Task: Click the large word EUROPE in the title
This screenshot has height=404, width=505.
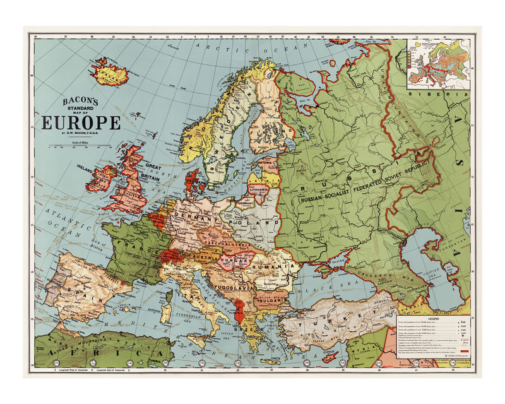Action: (x=81, y=122)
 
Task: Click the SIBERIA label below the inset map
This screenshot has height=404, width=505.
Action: (x=436, y=93)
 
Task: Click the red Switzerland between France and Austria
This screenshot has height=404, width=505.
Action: (x=173, y=255)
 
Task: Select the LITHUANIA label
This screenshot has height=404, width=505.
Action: (x=259, y=189)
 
